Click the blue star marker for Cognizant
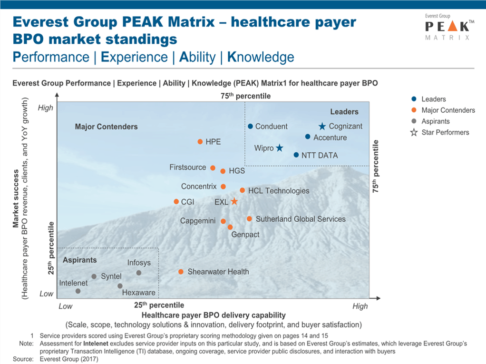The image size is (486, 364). (x=322, y=127)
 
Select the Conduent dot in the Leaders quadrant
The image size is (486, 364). (x=250, y=126)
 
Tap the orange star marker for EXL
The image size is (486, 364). (x=234, y=202)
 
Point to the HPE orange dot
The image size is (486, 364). (x=200, y=141)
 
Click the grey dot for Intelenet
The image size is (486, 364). (x=78, y=291)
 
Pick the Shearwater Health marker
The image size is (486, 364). (x=181, y=272)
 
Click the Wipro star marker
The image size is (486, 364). (x=280, y=148)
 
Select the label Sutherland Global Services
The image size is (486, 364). (x=301, y=219)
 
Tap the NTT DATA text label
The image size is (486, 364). (x=321, y=155)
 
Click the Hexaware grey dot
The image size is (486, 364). (x=120, y=286)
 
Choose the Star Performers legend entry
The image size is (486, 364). (x=445, y=132)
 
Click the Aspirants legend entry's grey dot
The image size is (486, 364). (x=414, y=121)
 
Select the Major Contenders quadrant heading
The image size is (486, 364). (x=106, y=127)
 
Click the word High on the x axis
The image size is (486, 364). (x=360, y=306)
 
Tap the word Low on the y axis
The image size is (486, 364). (x=46, y=294)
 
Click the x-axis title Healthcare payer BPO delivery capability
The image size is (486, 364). (x=214, y=315)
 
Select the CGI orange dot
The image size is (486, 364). (x=176, y=202)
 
